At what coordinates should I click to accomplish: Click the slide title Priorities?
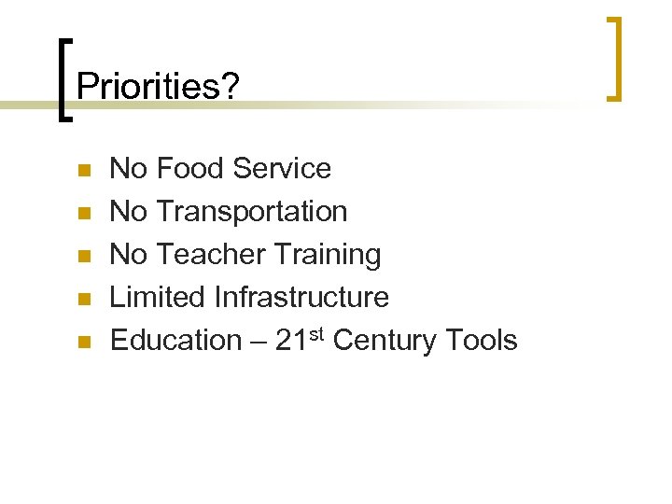click(158, 87)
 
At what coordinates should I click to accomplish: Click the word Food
click(191, 169)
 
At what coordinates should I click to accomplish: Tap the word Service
click(282, 169)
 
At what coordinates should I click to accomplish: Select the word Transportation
click(252, 212)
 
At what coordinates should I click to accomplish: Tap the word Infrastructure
click(301, 298)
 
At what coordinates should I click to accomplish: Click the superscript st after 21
click(317, 333)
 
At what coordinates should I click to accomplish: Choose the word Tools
click(480, 341)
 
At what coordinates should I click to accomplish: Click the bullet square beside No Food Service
click(83, 171)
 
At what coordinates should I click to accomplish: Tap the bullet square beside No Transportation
click(83, 214)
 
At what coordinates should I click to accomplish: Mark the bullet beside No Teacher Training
click(83, 257)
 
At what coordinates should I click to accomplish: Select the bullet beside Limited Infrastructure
click(83, 300)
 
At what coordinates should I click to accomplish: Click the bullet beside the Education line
click(83, 343)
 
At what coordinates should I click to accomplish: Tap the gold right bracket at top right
click(615, 58)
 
